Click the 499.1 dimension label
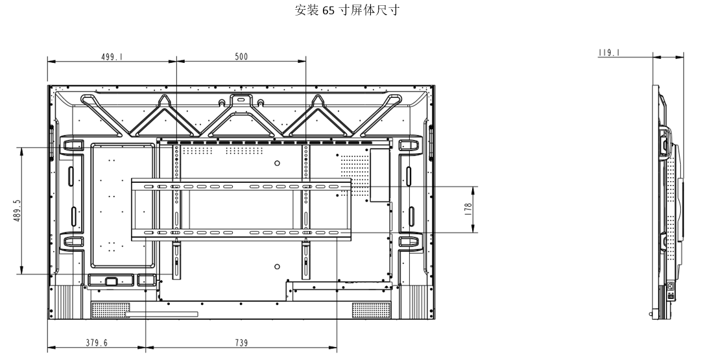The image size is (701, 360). (112, 56)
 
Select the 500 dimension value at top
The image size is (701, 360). (241, 56)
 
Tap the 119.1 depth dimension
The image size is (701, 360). (608, 53)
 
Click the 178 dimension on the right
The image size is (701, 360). (468, 210)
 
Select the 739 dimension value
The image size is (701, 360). (241, 343)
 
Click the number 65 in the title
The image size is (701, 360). (326, 11)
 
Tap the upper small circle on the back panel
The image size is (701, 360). (277, 163)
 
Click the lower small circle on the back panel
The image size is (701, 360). (277, 266)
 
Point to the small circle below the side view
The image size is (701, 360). (652, 313)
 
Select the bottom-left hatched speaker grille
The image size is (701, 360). (111, 310)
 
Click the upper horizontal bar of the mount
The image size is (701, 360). (241, 186)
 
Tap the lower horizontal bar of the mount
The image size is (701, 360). (241, 232)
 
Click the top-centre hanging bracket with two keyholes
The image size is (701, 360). (241, 101)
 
